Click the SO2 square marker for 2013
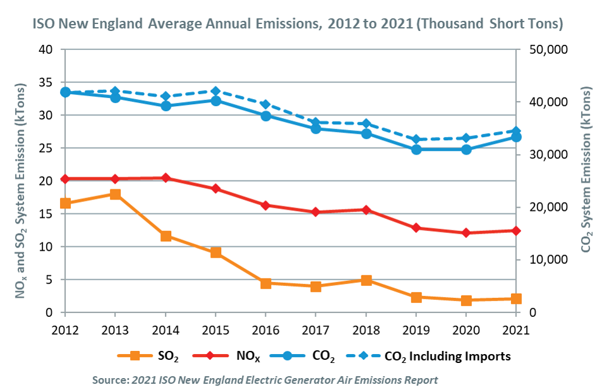point(115,194)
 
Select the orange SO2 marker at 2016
point(266,283)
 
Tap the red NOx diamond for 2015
point(215,189)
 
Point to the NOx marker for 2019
point(416,228)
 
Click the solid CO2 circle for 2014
point(166,106)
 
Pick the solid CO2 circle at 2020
point(466,150)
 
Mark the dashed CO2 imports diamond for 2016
point(266,105)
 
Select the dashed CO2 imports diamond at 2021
point(516,131)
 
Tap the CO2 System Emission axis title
point(586,181)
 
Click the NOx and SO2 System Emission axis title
point(21,181)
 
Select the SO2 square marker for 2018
point(366,280)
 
